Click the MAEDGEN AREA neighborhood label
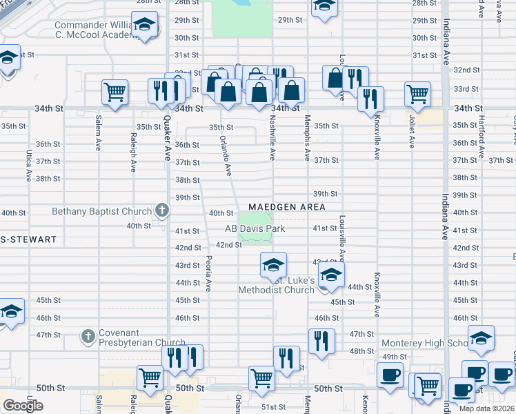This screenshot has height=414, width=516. tap(286, 207)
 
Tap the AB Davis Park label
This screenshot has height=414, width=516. tap(255, 228)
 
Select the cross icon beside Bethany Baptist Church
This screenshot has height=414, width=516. tap(161, 209)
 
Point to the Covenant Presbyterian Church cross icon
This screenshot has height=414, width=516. tap(88, 336)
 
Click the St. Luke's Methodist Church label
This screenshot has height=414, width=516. tap(276, 285)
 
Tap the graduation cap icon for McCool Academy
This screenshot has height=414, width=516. tap(145, 26)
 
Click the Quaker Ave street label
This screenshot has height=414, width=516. tap(167, 137)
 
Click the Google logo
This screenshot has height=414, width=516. tap(23, 405)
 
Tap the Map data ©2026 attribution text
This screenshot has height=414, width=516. tap(487, 408)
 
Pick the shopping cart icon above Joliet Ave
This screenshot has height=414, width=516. tap(418, 95)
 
